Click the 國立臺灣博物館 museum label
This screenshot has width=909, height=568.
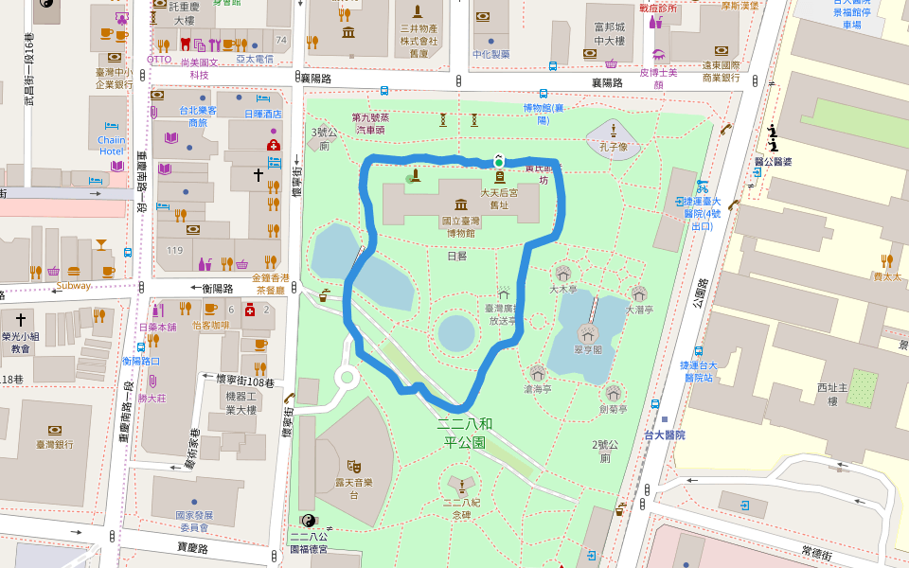(460, 226)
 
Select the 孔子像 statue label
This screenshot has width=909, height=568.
(614, 147)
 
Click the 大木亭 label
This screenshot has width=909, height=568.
(563, 288)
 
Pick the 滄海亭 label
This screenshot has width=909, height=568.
(537, 388)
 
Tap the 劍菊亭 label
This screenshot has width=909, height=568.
(614, 409)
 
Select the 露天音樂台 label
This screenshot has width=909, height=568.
(352, 488)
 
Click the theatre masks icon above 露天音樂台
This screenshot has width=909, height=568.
(353, 465)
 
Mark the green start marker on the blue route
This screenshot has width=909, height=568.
(498, 162)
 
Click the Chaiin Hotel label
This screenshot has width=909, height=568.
(111, 145)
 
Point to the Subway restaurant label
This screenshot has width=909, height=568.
(74, 285)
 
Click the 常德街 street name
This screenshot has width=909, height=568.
(816, 551)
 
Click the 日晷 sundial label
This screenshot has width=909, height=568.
(455, 256)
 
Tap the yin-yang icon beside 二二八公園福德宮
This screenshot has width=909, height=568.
(308, 521)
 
